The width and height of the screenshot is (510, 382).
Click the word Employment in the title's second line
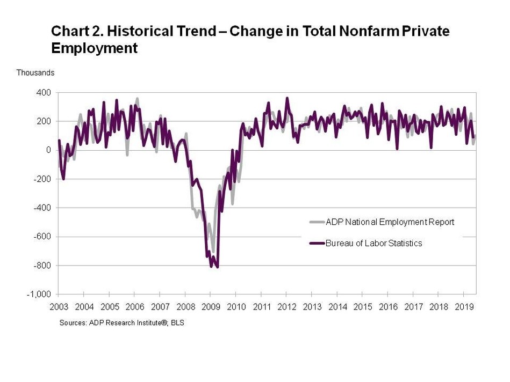tap(94, 49)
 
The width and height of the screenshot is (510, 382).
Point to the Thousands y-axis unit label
tap(35, 72)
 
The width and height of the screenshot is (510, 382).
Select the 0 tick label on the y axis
tap(48, 150)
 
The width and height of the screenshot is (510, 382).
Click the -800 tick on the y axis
tap(42, 266)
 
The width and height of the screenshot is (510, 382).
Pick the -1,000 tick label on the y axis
tap(40, 295)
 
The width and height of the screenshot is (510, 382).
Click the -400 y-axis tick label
tap(42, 208)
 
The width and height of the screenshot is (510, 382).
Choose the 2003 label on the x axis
tap(59, 307)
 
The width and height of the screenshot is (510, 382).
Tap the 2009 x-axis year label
tap(210, 307)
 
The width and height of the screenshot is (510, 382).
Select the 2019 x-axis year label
tap(463, 307)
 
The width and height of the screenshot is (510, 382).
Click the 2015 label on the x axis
tap(362, 307)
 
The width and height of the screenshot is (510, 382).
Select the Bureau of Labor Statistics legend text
tap(373, 243)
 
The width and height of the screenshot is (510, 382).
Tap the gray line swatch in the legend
tap(317, 222)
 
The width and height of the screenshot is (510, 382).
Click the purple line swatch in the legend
tap(317, 243)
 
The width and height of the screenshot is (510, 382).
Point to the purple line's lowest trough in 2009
tap(217, 267)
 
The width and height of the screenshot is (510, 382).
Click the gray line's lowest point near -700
tap(213, 251)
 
